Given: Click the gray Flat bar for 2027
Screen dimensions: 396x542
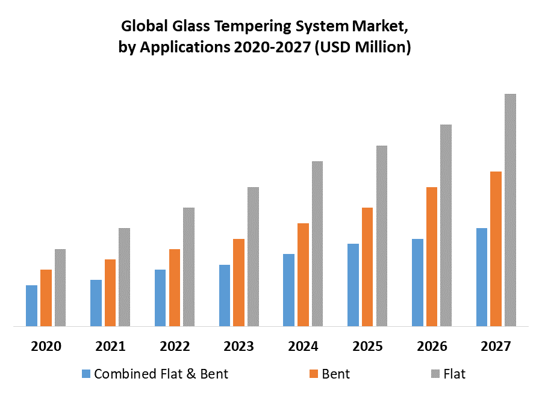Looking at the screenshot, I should point(510,210).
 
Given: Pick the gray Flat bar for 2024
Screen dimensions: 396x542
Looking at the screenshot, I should point(317,244).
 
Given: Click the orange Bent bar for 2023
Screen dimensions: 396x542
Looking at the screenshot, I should point(238,283).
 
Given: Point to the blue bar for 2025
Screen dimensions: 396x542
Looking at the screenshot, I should point(353,285).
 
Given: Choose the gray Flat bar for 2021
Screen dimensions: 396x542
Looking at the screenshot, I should point(124,277).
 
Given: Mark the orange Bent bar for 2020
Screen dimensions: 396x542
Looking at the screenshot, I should point(46,298).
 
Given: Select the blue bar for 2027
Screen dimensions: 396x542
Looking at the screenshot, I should point(482,277).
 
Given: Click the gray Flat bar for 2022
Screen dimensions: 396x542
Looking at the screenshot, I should point(188,267).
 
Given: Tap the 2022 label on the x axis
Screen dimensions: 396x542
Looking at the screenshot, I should point(175,347).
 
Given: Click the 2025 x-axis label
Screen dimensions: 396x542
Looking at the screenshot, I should point(368,347).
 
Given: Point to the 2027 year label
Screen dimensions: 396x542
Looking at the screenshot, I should point(496,347).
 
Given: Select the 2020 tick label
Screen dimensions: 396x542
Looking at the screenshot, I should point(46,347).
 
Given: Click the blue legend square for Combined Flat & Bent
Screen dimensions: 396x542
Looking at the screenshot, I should point(87,374).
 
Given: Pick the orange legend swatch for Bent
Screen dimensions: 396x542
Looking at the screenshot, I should point(314,374).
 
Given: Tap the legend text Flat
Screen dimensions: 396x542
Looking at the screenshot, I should point(454,374).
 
